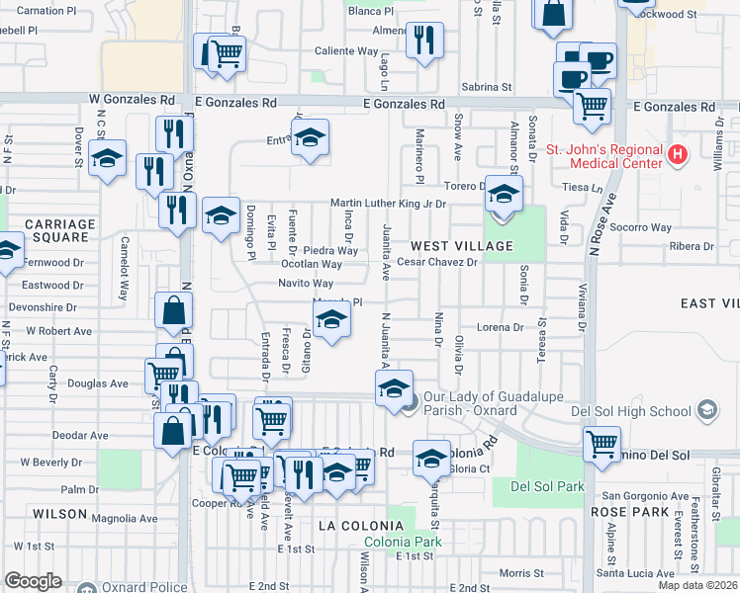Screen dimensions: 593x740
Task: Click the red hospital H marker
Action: [x=677, y=155]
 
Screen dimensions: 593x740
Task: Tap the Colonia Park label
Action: [x=402, y=542]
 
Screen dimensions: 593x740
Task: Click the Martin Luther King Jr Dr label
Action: [x=388, y=204]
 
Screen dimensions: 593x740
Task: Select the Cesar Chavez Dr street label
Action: [x=437, y=263]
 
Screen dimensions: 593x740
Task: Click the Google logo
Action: [x=33, y=580]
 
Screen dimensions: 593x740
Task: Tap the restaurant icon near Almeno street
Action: [x=424, y=40]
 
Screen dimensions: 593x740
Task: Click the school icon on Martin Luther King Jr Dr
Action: [x=504, y=195]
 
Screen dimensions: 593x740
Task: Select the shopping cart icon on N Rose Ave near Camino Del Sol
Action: [x=601, y=443]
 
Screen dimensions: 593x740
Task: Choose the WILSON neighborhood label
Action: [x=60, y=514]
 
